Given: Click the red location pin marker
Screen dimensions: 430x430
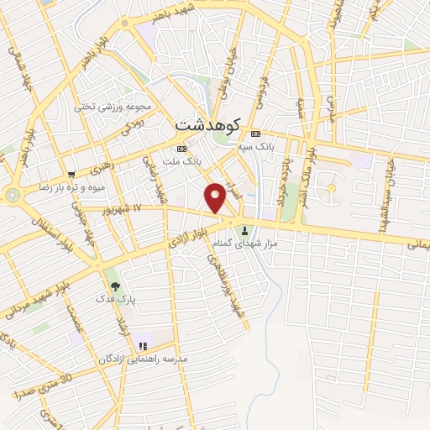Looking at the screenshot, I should (216, 196).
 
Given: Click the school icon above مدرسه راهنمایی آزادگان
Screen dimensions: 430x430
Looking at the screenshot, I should (143, 345).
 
